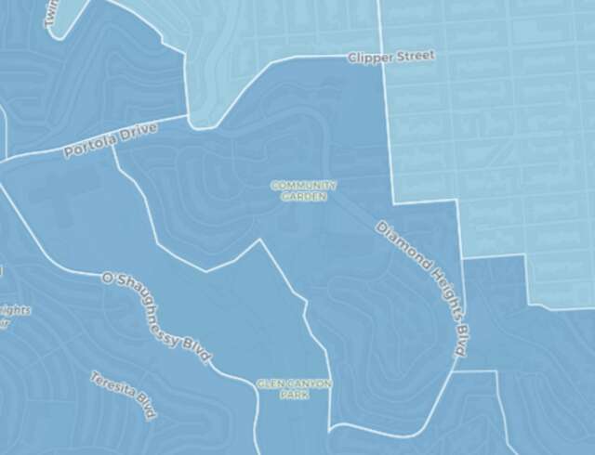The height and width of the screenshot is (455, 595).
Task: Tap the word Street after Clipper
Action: (x=413, y=56)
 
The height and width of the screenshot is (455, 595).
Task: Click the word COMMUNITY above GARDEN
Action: (x=304, y=185)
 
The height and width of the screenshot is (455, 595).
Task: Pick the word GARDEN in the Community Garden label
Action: (x=304, y=196)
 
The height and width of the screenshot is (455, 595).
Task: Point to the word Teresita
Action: (x=110, y=389)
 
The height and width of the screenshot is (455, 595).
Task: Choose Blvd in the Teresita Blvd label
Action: (x=145, y=409)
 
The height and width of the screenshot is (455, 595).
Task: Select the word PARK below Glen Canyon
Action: (x=294, y=395)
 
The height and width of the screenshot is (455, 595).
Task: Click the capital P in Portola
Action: (x=68, y=152)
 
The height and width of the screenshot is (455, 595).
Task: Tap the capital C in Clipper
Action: (x=352, y=58)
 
